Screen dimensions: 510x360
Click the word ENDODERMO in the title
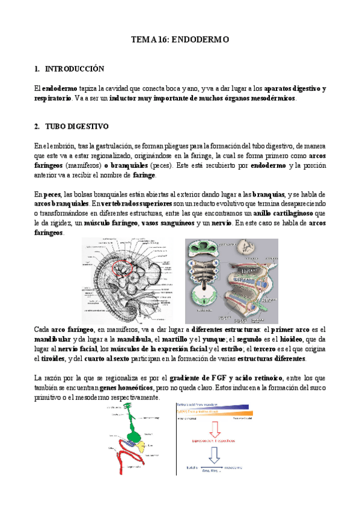[x=201, y=40]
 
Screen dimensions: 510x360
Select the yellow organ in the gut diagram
[x=139, y=446]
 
